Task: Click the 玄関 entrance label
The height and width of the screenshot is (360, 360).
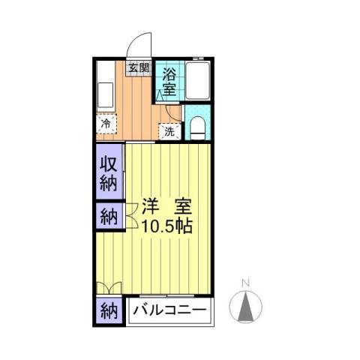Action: tap(137, 67)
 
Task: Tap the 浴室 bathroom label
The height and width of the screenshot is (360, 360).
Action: tap(169, 81)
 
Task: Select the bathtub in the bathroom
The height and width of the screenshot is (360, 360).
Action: tap(198, 81)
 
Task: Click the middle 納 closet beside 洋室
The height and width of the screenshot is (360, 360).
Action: tap(109, 217)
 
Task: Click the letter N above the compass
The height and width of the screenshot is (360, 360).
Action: tap(244, 283)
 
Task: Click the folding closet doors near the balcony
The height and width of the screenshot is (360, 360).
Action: tap(109, 287)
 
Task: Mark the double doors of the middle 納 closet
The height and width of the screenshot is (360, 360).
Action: tap(129, 217)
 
